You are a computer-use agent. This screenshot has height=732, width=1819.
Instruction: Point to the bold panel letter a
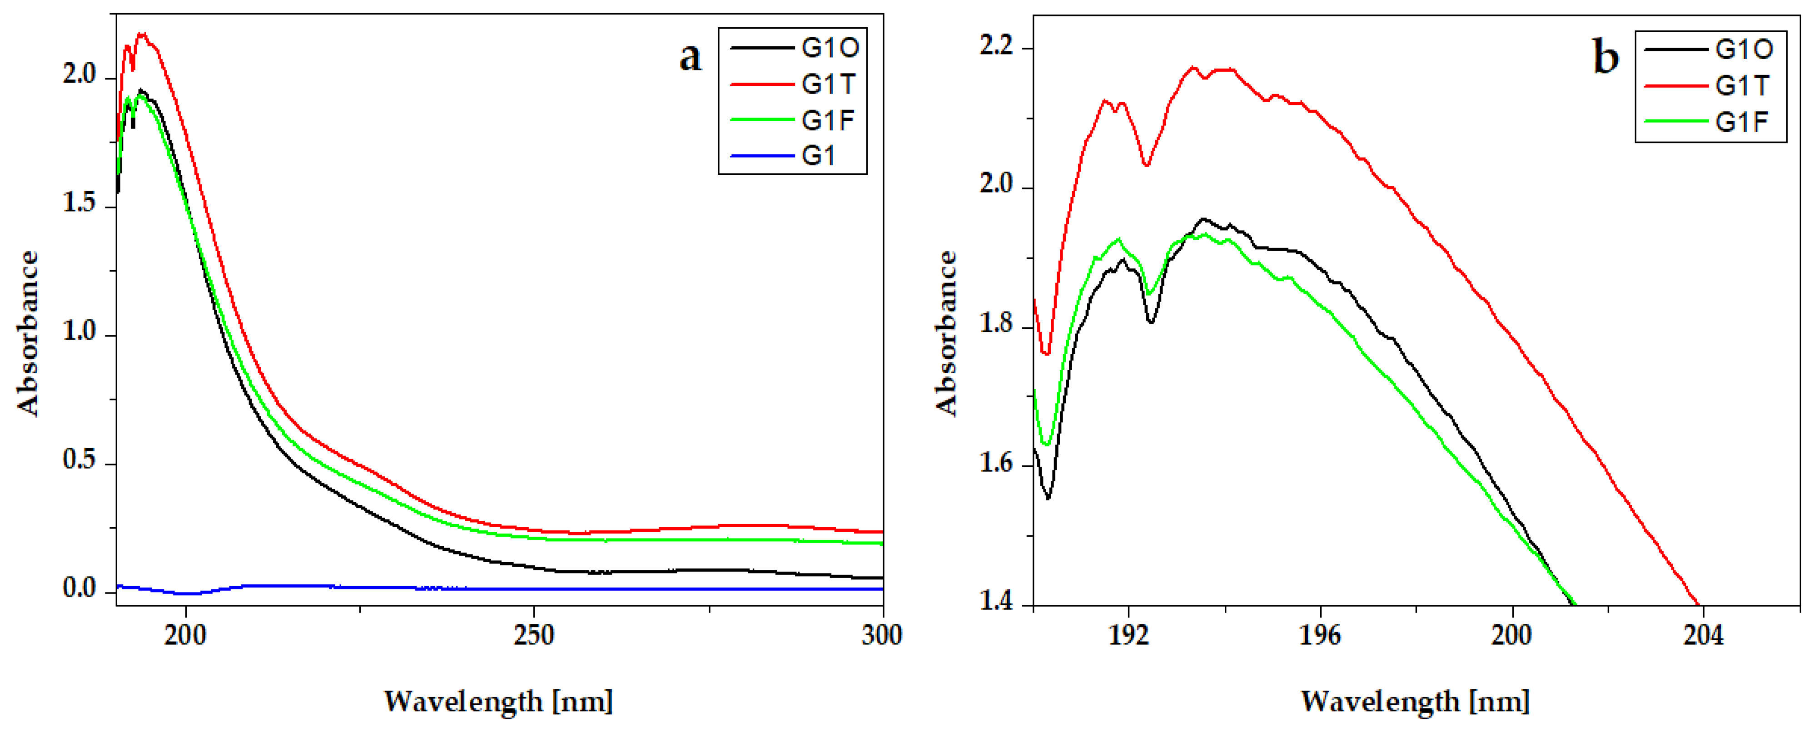pyautogui.click(x=690, y=56)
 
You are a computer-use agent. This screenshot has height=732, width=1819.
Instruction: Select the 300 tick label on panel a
pyautogui.click(x=881, y=635)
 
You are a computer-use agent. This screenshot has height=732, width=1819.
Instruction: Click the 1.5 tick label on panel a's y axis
pyautogui.click(x=79, y=203)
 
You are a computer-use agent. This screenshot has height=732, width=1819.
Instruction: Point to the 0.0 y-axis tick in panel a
pyautogui.click(x=79, y=588)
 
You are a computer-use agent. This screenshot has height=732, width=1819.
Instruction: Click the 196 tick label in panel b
pyautogui.click(x=1319, y=635)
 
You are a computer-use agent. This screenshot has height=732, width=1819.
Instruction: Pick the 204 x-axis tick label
pyautogui.click(x=1703, y=635)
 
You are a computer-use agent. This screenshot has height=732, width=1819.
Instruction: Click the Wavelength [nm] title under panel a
pyautogui.click(x=498, y=702)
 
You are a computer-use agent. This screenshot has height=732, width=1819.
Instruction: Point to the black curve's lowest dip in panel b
pyautogui.click(x=1048, y=498)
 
